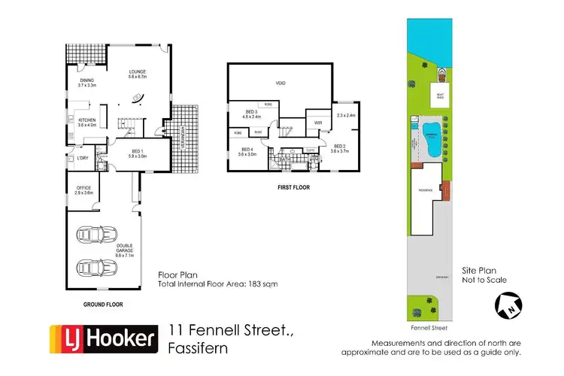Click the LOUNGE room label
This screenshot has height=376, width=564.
point(141,73)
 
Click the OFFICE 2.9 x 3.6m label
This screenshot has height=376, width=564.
point(83,190)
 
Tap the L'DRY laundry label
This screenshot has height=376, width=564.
point(81,158)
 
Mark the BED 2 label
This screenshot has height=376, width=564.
point(338,149)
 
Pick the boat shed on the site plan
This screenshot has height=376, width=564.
point(441,96)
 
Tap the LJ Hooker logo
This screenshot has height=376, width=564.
point(103,338)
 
